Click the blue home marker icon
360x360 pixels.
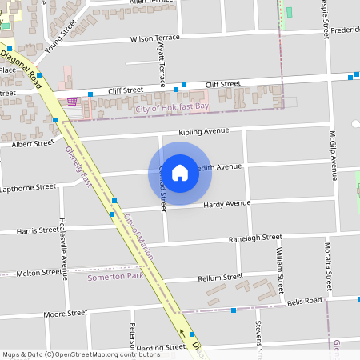[x=180, y=172]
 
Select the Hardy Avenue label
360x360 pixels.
[x=227, y=204]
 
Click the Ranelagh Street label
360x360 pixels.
[x=255, y=238]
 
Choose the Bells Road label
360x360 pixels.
[x=304, y=301]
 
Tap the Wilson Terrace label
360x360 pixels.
[x=155, y=38]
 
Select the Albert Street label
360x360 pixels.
[x=33, y=143]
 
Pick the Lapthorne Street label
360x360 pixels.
[x=29, y=187]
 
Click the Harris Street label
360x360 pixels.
[x=37, y=230]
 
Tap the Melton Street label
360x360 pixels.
[x=38, y=273]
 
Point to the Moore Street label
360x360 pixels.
[x=66, y=314]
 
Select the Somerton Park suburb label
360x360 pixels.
[x=115, y=276]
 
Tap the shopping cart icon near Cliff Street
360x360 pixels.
[x=72, y=102]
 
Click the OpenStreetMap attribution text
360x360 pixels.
[x=81, y=354]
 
